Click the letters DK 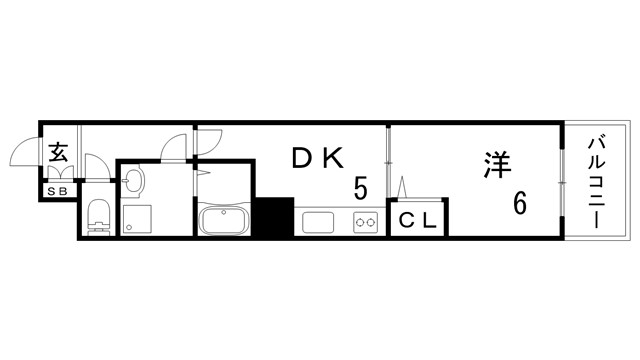pyautogui.click(x=317, y=157)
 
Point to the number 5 pyautogui.click(x=359, y=187)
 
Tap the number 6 pyautogui.click(x=520, y=203)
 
